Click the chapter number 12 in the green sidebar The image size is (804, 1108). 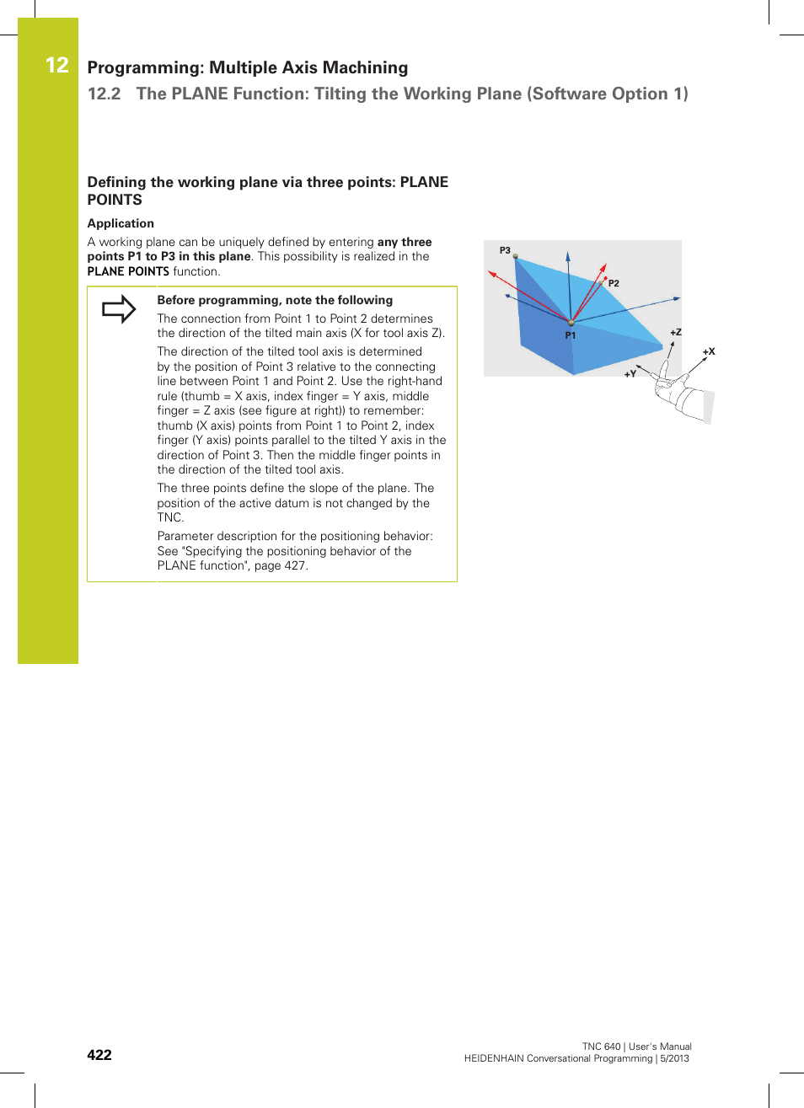pyautogui.click(x=56, y=66)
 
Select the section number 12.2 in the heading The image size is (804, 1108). pyautogui.click(x=105, y=94)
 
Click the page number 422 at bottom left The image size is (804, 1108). pyautogui.click(x=99, y=1055)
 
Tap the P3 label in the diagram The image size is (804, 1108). pyautogui.click(x=505, y=250)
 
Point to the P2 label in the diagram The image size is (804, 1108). pyautogui.click(x=614, y=284)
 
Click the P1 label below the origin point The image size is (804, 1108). pyautogui.click(x=571, y=335)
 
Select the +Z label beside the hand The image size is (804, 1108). pyautogui.click(x=676, y=333)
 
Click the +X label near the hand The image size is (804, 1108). pyautogui.click(x=709, y=351)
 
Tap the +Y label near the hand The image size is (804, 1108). pyautogui.click(x=630, y=374)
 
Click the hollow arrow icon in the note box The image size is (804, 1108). pyautogui.click(x=119, y=309)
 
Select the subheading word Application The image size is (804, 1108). pyautogui.click(x=121, y=223)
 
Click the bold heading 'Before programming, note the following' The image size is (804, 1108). pyautogui.click(x=275, y=300)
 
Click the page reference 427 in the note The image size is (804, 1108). pyautogui.click(x=295, y=566)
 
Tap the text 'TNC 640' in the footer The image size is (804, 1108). pyautogui.click(x=601, y=1046)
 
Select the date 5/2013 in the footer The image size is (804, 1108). pyautogui.click(x=674, y=1058)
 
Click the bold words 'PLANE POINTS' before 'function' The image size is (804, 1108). pyautogui.click(x=128, y=271)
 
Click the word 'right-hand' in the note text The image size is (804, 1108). pyautogui.click(x=415, y=382)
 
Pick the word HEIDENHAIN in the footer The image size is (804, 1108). pyautogui.click(x=494, y=1058)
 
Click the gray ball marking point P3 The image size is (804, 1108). pyautogui.click(x=515, y=257)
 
